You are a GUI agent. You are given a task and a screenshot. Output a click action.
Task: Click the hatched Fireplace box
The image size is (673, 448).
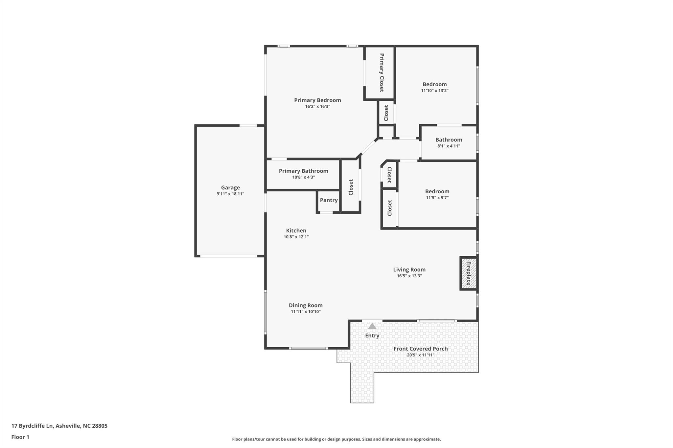point(468,273)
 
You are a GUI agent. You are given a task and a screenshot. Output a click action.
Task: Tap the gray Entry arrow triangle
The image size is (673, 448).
point(372,326)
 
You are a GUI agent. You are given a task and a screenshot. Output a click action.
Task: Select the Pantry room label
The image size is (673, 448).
point(329,200)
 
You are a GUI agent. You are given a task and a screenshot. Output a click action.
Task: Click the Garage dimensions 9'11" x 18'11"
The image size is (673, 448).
point(230,194)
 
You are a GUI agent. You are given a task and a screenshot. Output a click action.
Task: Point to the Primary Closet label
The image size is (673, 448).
point(382,73)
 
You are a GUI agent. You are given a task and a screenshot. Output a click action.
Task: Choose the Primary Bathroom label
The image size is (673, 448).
point(303,171)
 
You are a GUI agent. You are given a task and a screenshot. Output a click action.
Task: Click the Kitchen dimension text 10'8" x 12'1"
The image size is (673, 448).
point(296,237)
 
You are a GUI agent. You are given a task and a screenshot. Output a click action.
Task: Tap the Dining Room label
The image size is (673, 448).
point(306,305)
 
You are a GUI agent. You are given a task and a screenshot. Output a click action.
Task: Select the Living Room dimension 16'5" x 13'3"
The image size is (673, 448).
point(409,276)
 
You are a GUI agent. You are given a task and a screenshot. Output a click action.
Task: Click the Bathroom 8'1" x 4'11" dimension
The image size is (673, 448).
point(449,146)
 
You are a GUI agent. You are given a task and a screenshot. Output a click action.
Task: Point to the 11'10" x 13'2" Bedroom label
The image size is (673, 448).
point(434,84)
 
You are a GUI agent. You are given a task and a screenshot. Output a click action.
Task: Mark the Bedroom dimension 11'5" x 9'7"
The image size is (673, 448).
point(437,198)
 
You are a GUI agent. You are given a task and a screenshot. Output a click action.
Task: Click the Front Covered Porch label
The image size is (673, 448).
point(421,349)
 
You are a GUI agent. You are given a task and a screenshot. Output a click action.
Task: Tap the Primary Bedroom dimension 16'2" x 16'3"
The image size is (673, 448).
point(317,107)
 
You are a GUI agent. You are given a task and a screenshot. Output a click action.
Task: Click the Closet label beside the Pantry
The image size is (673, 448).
point(351,187)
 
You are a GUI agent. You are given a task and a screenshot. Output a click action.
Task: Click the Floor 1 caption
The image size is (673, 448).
point(20,437)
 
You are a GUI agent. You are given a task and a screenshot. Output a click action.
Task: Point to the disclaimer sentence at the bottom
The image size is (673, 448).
point(336,439)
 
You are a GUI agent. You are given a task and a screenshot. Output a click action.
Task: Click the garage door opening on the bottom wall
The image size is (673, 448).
point(229,256)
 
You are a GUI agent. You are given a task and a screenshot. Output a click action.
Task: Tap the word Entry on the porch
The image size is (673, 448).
point(372,335)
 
